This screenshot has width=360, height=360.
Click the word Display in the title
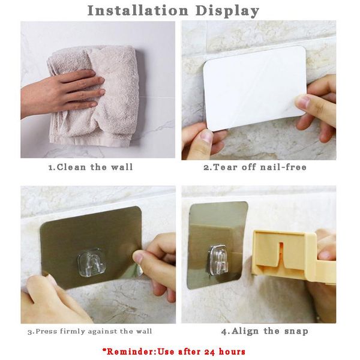(227, 11)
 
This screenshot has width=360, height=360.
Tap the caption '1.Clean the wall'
(90, 167)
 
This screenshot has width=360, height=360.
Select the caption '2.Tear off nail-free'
(254, 167)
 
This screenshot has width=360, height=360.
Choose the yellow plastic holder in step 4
(288, 258)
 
